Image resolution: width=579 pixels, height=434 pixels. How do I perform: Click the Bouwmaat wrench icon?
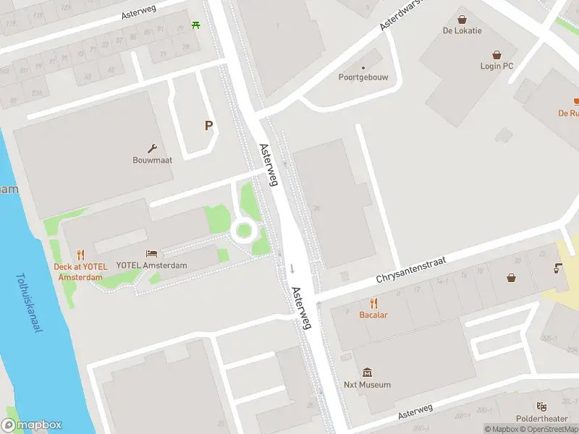(x=153, y=147)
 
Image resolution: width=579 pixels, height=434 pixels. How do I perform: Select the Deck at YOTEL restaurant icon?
(x=80, y=254)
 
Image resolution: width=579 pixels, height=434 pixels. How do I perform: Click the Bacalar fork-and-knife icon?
(x=373, y=302)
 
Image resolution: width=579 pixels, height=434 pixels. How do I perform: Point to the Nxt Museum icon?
(x=367, y=373)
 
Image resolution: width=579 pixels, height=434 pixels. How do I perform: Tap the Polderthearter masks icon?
(x=541, y=407)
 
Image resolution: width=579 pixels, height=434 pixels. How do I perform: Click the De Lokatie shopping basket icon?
(x=462, y=19)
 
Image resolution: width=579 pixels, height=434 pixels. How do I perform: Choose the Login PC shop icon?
(x=496, y=54)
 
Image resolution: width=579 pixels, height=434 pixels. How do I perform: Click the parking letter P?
(x=208, y=125)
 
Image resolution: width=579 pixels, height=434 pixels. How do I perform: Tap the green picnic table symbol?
(x=196, y=26)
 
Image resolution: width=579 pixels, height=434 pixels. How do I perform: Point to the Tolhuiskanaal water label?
(x=28, y=302)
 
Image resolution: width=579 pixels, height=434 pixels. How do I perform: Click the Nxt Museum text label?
(x=367, y=385)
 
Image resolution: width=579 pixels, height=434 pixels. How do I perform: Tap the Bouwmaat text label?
(x=152, y=160)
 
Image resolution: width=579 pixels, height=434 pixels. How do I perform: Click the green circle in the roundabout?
(x=244, y=231)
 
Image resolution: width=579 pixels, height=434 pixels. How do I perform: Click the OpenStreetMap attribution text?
(x=551, y=429)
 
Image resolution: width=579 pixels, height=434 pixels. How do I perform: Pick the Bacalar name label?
(x=373, y=315)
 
